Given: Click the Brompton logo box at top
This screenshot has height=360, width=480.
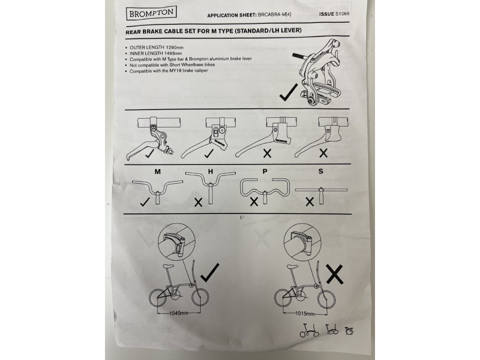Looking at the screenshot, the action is [151, 13].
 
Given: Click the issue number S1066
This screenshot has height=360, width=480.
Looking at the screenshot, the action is [342, 14].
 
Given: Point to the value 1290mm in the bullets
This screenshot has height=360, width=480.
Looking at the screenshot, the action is [174, 47].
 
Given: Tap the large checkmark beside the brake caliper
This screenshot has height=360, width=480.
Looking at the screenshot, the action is [289, 92].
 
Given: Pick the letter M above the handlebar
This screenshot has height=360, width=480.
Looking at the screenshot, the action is [157, 172].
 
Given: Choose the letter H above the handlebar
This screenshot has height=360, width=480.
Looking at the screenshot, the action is [210, 172].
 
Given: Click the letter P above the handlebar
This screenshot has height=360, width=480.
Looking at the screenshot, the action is [265, 172].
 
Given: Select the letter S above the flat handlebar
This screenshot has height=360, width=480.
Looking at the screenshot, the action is [321, 171].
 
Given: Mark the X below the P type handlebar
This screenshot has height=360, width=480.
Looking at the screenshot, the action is [254, 202].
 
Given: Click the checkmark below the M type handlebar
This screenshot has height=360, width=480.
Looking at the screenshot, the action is [145, 202].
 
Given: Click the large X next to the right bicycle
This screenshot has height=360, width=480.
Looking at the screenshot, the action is [335, 274].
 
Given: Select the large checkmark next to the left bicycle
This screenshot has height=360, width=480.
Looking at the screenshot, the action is [210, 272].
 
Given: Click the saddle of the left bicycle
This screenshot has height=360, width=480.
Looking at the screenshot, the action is [169, 266].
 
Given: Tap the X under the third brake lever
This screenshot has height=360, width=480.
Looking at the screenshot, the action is [267, 153].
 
